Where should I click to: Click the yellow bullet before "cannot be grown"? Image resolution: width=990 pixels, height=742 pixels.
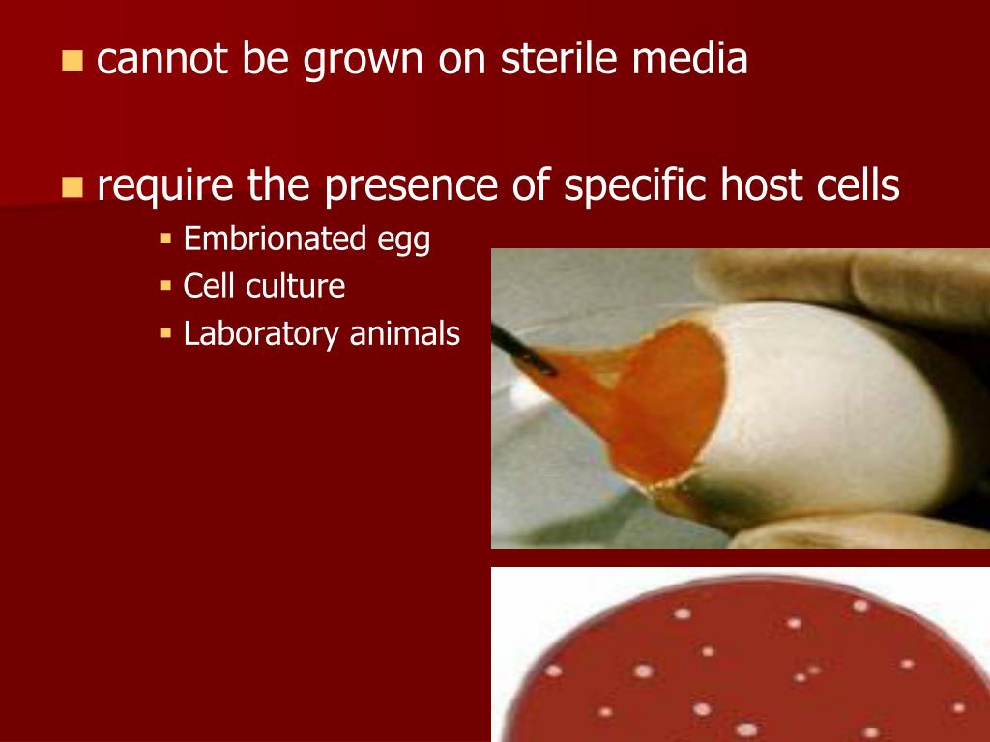[x=73, y=62]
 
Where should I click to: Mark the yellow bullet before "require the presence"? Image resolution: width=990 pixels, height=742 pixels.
[x=73, y=186]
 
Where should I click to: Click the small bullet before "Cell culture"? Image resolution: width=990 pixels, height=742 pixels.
[x=165, y=286]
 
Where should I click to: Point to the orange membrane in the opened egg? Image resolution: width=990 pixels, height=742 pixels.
[x=667, y=396]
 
